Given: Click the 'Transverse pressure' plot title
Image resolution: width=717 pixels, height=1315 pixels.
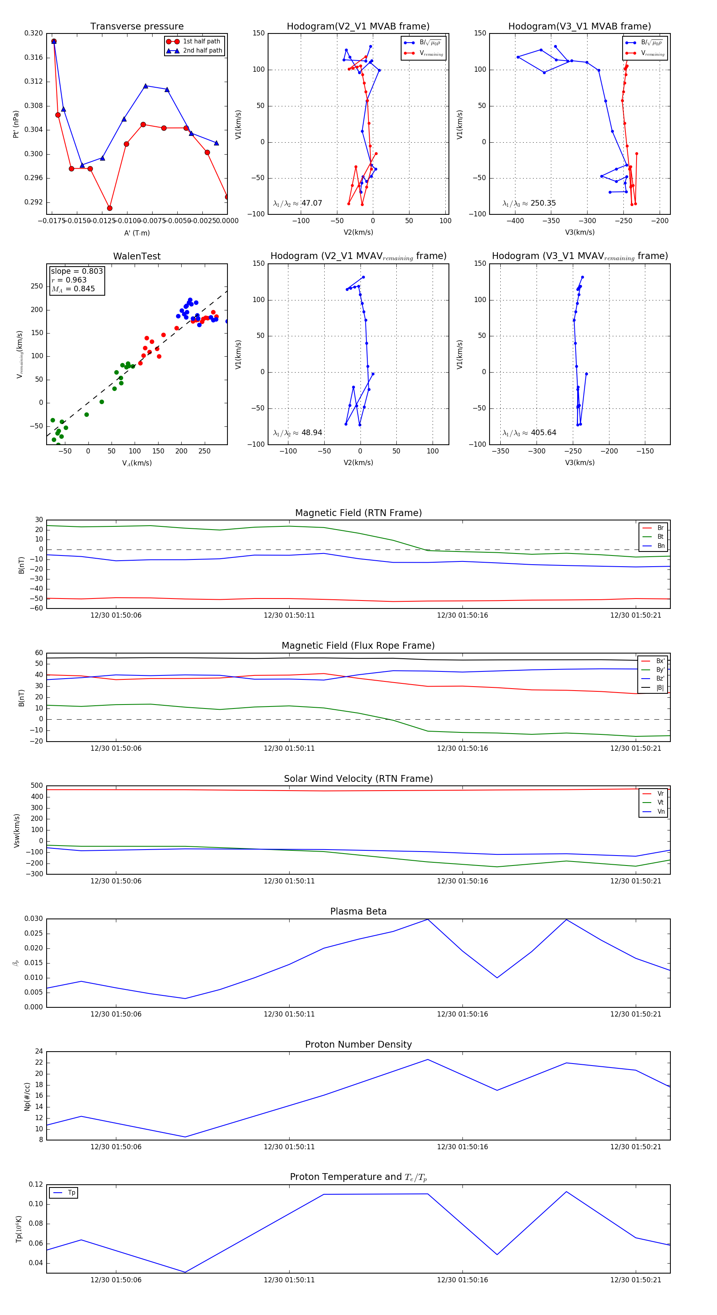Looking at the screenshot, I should [137, 27].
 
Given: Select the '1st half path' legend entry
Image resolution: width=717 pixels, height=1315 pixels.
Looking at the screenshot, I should [201, 41].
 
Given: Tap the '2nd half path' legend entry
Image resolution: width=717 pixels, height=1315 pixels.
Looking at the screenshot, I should [202, 51].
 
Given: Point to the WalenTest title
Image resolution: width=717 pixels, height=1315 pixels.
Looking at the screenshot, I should [137, 256].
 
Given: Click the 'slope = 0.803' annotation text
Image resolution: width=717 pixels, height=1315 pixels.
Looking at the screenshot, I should [76, 271].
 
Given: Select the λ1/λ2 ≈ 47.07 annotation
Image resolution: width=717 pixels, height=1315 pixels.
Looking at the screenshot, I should [298, 203].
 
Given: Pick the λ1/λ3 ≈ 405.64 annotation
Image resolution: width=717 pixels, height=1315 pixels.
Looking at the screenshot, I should [529, 433].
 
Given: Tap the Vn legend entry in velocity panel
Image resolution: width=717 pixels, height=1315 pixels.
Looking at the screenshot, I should [660, 812].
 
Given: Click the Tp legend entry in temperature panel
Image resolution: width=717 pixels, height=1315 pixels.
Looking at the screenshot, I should [71, 1193].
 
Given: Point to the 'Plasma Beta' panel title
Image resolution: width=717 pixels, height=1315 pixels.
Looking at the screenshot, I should [358, 911].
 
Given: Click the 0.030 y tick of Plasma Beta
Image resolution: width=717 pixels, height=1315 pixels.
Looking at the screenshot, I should [34, 919].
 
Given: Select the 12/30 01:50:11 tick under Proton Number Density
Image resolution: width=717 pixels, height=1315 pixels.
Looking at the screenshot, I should [289, 1147].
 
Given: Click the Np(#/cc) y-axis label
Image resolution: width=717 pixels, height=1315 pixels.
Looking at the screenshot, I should [27, 1097].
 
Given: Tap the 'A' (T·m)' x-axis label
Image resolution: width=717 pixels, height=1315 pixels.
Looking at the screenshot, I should [137, 233].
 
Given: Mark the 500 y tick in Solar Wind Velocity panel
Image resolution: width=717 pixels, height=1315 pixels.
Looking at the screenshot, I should [37, 786].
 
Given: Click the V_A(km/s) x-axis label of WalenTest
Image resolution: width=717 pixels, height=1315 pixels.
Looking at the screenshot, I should [137, 463].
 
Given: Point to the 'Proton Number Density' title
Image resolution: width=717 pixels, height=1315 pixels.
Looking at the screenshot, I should [358, 1044].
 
